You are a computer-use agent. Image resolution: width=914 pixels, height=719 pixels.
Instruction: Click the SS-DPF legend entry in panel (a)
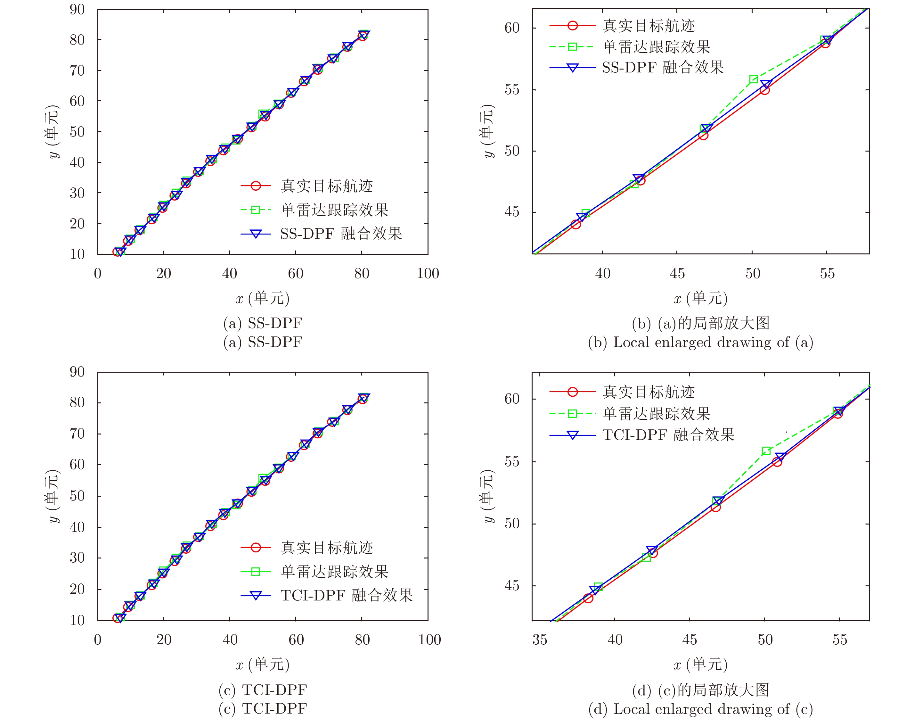pyautogui.click(x=341, y=234)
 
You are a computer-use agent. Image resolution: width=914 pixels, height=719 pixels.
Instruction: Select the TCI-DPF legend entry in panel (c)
pyautogui.click(x=346, y=595)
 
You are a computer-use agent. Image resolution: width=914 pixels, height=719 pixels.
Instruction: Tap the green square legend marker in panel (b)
pyautogui.click(x=572, y=47)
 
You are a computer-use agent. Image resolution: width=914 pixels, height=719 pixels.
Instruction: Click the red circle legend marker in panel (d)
pyautogui.click(x=572, y=392)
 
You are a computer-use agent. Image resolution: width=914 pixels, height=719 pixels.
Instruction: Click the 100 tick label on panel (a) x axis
pyautogui.click(x=428, y=274)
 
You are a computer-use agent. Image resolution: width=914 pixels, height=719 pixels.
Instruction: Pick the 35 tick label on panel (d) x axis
pyautogui.click(x=540, y=640)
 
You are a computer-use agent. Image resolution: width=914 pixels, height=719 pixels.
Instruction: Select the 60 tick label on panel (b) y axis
pyautogui.click(x=512, y=28)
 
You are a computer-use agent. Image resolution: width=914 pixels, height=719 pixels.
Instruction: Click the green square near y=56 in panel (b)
pyautogui.click(x=754, y=79)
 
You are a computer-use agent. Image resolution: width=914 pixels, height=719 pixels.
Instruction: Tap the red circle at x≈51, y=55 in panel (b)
pyautogui.click(x=765, y=90)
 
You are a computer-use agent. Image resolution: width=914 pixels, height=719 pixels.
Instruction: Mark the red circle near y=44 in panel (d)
pyautogui.click(x=588, y=598)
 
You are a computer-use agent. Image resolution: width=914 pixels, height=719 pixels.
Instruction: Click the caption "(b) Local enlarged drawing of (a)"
pyautogui.click(x=700, y=342)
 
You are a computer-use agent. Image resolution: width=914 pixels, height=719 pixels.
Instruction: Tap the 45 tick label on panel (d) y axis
pyautogui.click(x=512, y=586)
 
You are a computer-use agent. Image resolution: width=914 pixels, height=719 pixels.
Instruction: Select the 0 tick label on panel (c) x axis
pyautogui.click(x=98, y=640)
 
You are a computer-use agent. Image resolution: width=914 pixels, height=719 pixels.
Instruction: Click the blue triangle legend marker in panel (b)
pyautogui.click(x=572, y=68)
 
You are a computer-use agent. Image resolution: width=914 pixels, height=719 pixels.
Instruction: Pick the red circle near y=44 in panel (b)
pyautogui.click(x=576, y=224)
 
